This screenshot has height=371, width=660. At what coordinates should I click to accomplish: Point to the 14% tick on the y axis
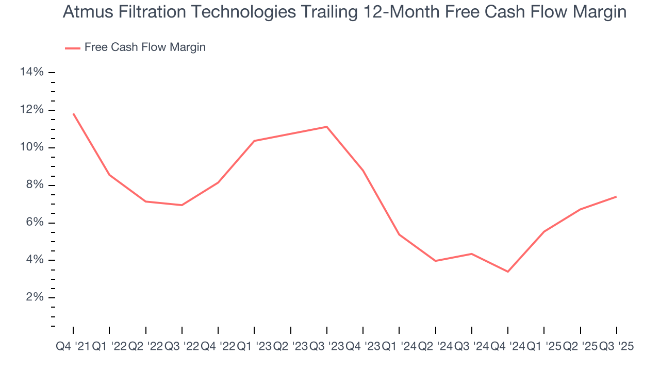pos(31,73)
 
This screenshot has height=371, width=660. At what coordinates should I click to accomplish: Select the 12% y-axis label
pos(31,110)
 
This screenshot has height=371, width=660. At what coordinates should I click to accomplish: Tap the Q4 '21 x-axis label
pos(73,347)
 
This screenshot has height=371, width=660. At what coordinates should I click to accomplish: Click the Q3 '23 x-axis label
pos(326,347)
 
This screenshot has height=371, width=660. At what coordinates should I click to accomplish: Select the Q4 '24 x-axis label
pos(508,347)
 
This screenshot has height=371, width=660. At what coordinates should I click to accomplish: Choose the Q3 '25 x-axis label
pos(616,347)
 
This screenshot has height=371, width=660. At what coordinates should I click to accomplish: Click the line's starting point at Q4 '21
pos(73,114)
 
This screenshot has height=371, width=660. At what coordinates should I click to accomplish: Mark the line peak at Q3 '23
pos(327,127)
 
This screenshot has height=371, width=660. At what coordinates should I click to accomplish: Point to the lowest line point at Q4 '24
pos(508,272)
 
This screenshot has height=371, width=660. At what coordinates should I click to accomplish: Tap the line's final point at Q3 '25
pos(616,196)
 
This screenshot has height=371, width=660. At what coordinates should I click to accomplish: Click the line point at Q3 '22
pos(182,205)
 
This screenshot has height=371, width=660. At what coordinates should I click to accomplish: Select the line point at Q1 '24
pos(399,234)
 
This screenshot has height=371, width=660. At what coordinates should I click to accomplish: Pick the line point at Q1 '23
pos(254,141)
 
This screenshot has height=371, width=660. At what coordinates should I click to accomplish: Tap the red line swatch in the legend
pos(73,48)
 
